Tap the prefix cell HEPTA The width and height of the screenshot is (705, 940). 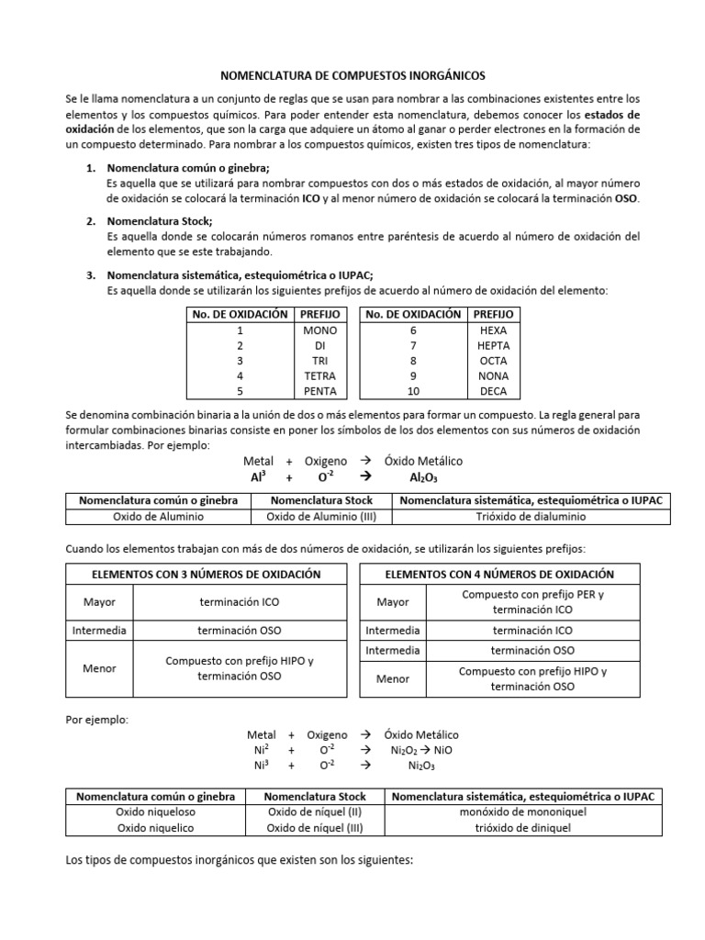click(x=493, y=345)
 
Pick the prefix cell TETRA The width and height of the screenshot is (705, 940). click(x=319, y=375)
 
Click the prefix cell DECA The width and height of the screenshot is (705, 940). click(x=493, y=390)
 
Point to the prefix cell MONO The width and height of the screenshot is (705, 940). click(x=319, y=330)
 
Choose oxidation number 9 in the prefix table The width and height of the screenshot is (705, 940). click(x=413, y=375)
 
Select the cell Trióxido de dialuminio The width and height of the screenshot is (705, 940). click(x=532, y=516)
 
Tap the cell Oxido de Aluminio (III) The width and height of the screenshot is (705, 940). click(x=319, y=516)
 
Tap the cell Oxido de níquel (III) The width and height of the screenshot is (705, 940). click(x=315, y=827)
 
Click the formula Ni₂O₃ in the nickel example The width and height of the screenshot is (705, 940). click(x=421, y=766)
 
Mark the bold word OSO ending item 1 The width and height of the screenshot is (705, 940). click(x=626, y=198)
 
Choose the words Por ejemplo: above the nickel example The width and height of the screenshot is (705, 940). click(x=97, y=719)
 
